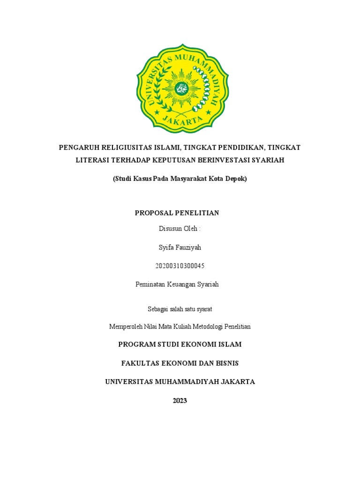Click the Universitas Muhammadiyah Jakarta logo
pyautogui.click(x=182, y=88)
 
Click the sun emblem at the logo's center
pyautogui.click(x=181, y=88)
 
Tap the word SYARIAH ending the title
pyautogui.click(x=268, y=160)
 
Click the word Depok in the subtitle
pyautogui.click(x=236, y=179)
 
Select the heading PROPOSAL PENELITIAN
pyautogui.click(x=177, y=213)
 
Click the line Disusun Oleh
pyautogui.click(x=180, y=229)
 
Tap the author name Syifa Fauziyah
pyautogui.click(x=180, y=247)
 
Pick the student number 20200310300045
pyautogui.click(x=180, y=266)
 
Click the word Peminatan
pyautogui.click(x=150, y=284)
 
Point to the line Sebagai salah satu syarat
pyautogui.click(x=180, y=308)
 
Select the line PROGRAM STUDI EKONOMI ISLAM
pyautogui.click(x=180, y=345)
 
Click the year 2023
pyautogui.click(x=180, y=400)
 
